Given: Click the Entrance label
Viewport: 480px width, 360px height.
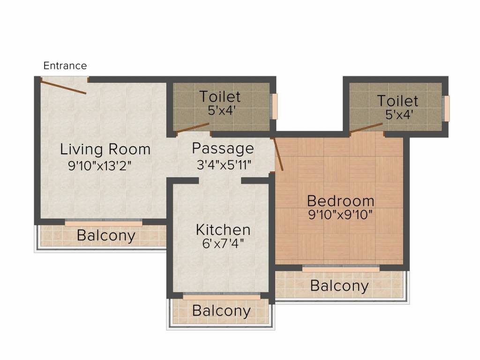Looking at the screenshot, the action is (x=65, y=66).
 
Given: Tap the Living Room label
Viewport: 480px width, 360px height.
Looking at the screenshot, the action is (x=105, y=149).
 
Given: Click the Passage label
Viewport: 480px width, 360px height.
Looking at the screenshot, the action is (x=223, y=149).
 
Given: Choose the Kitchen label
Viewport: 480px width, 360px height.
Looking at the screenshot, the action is (x=223, y=230).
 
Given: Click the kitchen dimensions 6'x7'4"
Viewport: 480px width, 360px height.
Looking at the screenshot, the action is (x=223, y=243).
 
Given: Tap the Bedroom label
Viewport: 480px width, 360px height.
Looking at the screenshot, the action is (x=341, y=201).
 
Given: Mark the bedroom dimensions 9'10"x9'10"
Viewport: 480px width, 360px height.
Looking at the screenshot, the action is (x=340, y=215).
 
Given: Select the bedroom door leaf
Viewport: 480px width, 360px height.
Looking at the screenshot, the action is (x=278, y=154).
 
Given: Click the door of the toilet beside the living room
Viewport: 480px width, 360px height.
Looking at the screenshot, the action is (x=193, y=128).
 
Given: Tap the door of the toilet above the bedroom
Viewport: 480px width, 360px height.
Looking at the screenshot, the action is (x=366, y=128).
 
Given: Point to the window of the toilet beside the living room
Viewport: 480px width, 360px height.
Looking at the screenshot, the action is (x=275, y=106).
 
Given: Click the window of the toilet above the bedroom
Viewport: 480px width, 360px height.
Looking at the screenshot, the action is (x=447, y=108).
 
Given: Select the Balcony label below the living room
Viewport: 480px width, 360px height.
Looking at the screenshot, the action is (x=106, y=235).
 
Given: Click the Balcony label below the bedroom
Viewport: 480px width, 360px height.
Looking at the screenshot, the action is (x=339, y=285).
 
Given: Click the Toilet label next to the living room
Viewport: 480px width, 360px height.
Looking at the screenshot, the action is (x=220, y=97).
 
